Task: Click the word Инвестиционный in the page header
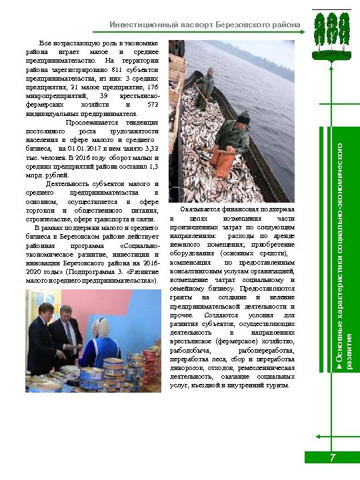point(137,25)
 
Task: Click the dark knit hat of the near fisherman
point(243,117)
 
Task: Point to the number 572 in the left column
point(153,105)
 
